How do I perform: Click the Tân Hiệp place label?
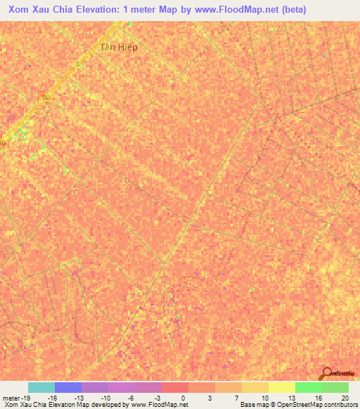point(118,47)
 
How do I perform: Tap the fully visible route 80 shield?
point(47,97)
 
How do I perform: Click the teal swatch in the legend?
point(41,387)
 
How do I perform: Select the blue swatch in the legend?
point(67,387)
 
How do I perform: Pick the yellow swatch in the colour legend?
point(281,387)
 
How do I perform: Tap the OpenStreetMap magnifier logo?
point(326,374)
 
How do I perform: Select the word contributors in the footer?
point(340,404)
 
